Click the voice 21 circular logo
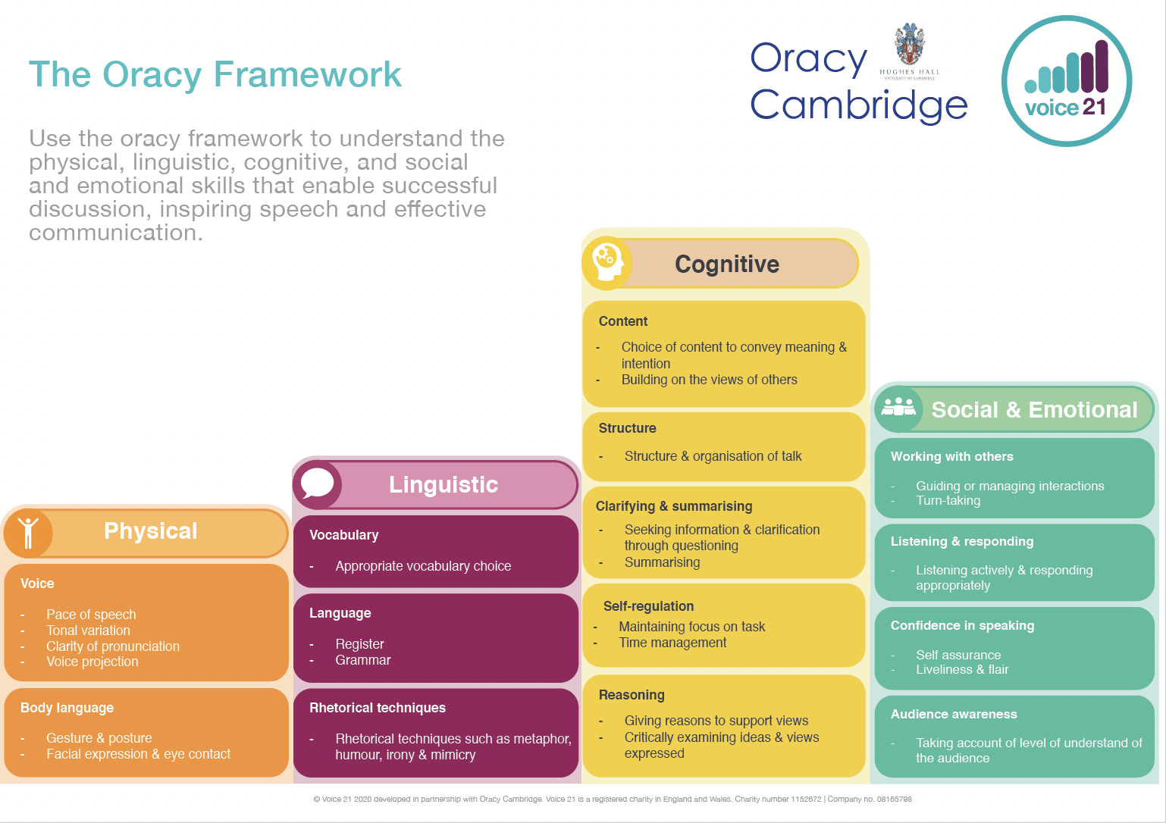1067,81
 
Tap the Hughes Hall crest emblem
910,44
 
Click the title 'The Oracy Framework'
215,74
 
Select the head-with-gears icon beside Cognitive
607,263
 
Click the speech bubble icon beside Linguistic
317,483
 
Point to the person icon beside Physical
28,533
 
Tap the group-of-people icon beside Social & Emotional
898,408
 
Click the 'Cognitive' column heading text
727,264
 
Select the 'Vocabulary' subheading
343,535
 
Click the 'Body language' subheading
67,708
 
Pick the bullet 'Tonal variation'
88,631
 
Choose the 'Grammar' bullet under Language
363,660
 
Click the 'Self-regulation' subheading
648,606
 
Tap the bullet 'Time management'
672,643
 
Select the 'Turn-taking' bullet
948,500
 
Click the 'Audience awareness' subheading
954,714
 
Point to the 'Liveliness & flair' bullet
962,669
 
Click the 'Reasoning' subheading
632,695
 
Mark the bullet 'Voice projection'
92,662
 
